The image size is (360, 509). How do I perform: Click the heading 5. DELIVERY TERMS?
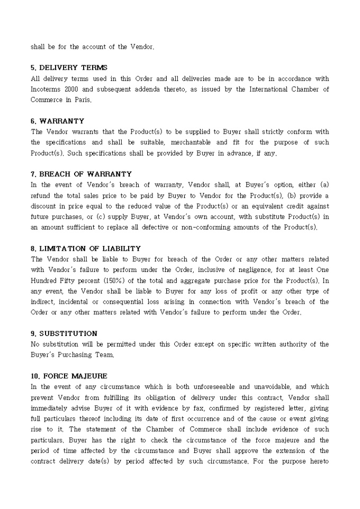pyautogui.click(x=69, y=68)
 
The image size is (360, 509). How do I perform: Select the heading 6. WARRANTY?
pyautogui.click(x=57, y=121)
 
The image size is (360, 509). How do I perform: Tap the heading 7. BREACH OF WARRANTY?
pyautogui.click(x=81, y=174)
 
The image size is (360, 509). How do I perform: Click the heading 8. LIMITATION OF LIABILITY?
pyautogui.click(x=86, y=249)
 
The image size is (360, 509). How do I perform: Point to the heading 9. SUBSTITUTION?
pyautogui.click(x=64, y=334)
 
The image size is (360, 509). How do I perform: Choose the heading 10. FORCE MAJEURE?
pyautogui.click(x=69, y=376)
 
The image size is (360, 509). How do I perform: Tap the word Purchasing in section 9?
pyautogui.click(x=74, y=355)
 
